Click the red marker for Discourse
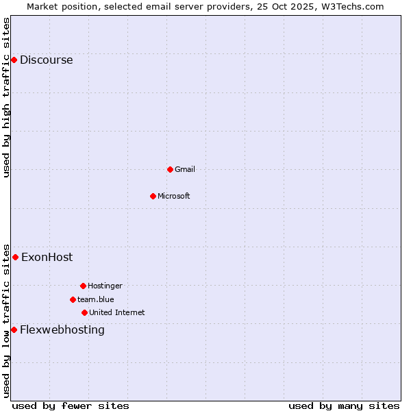point(14,60)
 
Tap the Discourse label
point(46,60)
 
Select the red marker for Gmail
point(170,169)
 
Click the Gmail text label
point(184,169)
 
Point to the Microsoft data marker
point(153,196)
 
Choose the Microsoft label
point(173,196)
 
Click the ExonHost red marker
point(15,257)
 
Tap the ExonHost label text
point(47,258)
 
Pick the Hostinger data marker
point(83,286)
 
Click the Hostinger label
point(105,286)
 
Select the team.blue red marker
point(73,299)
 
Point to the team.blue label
point(95,299)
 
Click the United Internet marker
point(84,312)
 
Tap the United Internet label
point(116,312)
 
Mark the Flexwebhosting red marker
point(14,329)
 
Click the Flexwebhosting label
point(62,329)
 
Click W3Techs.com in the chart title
point(353,6)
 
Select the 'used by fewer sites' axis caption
point(71,406)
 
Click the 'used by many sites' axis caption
point(343,406)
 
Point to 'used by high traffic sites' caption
point(7,97)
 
